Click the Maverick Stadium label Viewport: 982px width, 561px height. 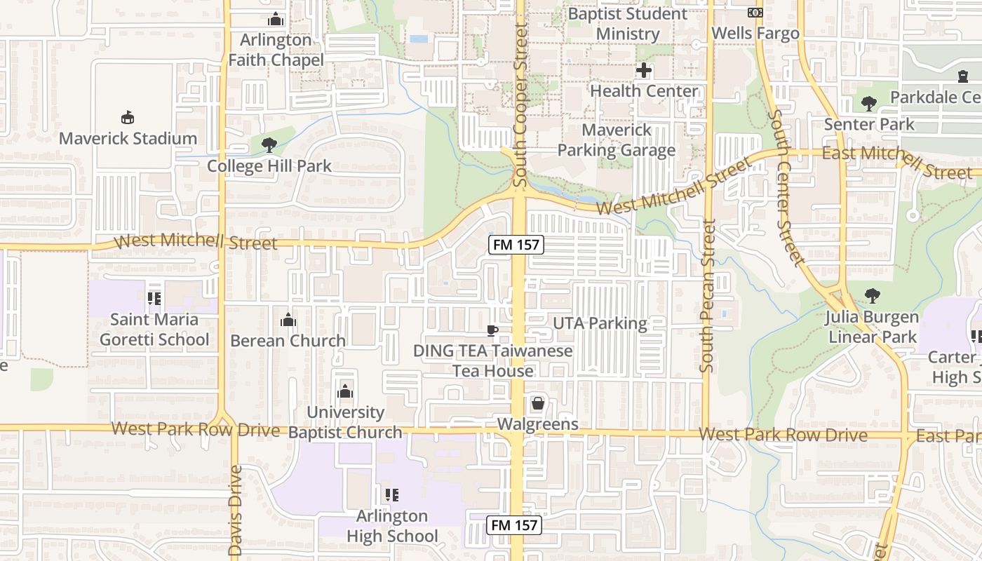(128, 138)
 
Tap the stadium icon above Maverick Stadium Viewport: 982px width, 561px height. (128, 118)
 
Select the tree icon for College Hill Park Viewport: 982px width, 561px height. (269, 145)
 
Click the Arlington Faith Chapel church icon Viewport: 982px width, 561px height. (276, 19)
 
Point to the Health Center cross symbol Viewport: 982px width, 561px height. (644, 70)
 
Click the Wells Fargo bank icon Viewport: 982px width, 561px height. (755, 13)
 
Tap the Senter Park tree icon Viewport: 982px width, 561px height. (869, 104)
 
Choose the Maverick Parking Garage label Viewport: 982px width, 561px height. (617, 140)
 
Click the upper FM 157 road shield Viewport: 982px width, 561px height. (516, 245)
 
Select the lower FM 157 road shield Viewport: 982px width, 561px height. (516, 525)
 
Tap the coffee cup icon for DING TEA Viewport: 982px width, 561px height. (492, 330)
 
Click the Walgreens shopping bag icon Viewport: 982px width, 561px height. (538, 403)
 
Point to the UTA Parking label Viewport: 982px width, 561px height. (600, 323)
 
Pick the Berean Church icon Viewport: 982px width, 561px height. (288, 320)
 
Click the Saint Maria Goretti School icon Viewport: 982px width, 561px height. (154, 299)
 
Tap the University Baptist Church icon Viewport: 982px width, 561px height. (345, 391)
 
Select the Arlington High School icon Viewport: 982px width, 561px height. (392, 495)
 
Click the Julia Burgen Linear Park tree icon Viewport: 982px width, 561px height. (872, 296)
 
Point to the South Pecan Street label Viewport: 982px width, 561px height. (708, 296)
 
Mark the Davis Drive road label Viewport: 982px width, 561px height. (235, 511)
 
